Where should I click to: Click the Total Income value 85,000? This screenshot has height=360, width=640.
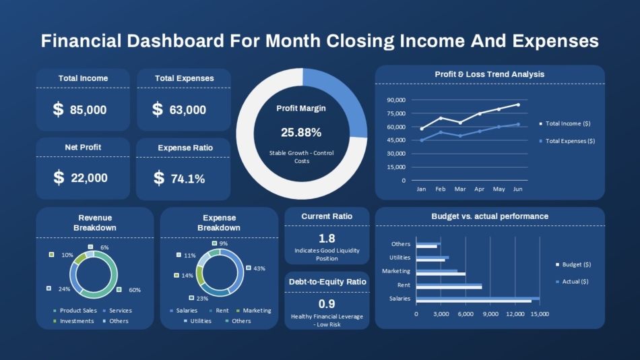tap(88, 110)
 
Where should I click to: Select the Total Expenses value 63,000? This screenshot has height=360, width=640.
tap(188, 110)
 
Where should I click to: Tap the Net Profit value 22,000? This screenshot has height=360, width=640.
tap(89, 178)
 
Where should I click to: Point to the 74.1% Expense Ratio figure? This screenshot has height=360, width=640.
tap(188, 179)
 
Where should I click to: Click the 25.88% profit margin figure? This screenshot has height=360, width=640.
tap(301, 132)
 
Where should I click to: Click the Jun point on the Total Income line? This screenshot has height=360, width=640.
tap(518, 105)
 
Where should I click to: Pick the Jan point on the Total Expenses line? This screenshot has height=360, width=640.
tap(422, 141)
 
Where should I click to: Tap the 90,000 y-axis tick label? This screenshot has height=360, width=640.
tap(396, 100)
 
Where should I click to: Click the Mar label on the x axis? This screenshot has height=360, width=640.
tap(460, 189)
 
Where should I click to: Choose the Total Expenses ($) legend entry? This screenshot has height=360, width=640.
tap(567, 141)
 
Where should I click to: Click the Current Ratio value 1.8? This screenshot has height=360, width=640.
tap(327, 238)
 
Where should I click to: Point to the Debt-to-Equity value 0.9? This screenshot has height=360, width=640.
tap(327, 304)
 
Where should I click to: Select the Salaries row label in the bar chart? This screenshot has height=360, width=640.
tap(399, 299)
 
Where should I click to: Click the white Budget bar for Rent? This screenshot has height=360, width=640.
tap(449, 288)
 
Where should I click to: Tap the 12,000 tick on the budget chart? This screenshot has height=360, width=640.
tap(515, 314)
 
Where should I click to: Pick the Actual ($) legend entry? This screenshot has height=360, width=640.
tap(572, 282)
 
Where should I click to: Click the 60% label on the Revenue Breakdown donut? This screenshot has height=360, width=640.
tap(135, 290)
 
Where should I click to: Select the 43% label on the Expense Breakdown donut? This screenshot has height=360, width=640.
tap(259, 268)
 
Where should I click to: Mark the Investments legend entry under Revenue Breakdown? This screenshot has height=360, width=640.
tap(73, 321)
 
